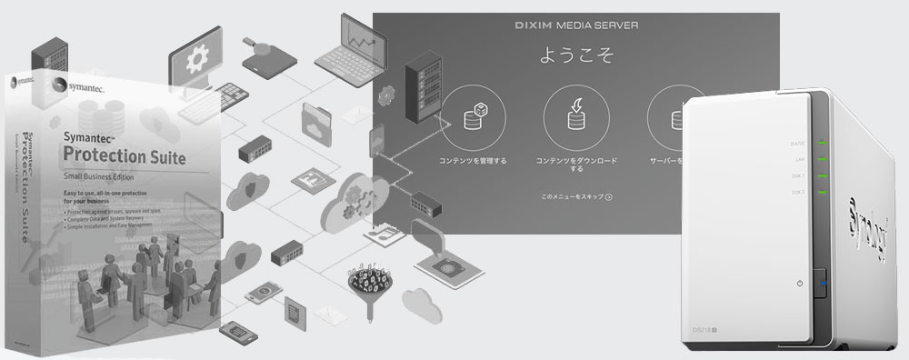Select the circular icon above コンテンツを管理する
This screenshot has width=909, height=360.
[472, 117]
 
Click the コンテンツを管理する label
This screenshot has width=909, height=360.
[472, 161]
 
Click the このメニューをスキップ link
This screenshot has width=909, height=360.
[575, 196]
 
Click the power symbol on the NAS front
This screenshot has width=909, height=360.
[799, 285]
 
